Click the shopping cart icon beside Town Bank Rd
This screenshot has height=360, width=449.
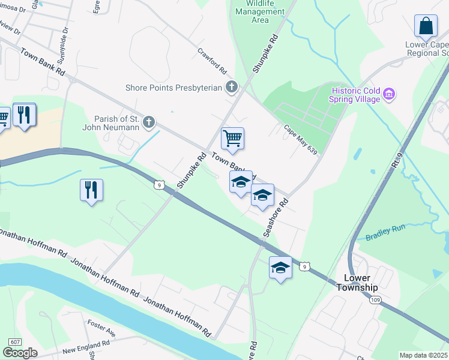tap(232, 139)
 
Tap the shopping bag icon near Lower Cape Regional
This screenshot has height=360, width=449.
tap(425, 26)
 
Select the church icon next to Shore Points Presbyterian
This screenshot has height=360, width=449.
tap(231, 88)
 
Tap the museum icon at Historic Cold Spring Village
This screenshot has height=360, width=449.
tap(389, 94)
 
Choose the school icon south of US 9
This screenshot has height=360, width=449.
tap(280, 268)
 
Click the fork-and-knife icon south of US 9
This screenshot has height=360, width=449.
tap(91, 190)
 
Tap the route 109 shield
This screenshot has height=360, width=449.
tap(376, 299)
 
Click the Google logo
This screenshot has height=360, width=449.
tap(20, 353)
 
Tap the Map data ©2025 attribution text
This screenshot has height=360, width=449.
tap(424, 355)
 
